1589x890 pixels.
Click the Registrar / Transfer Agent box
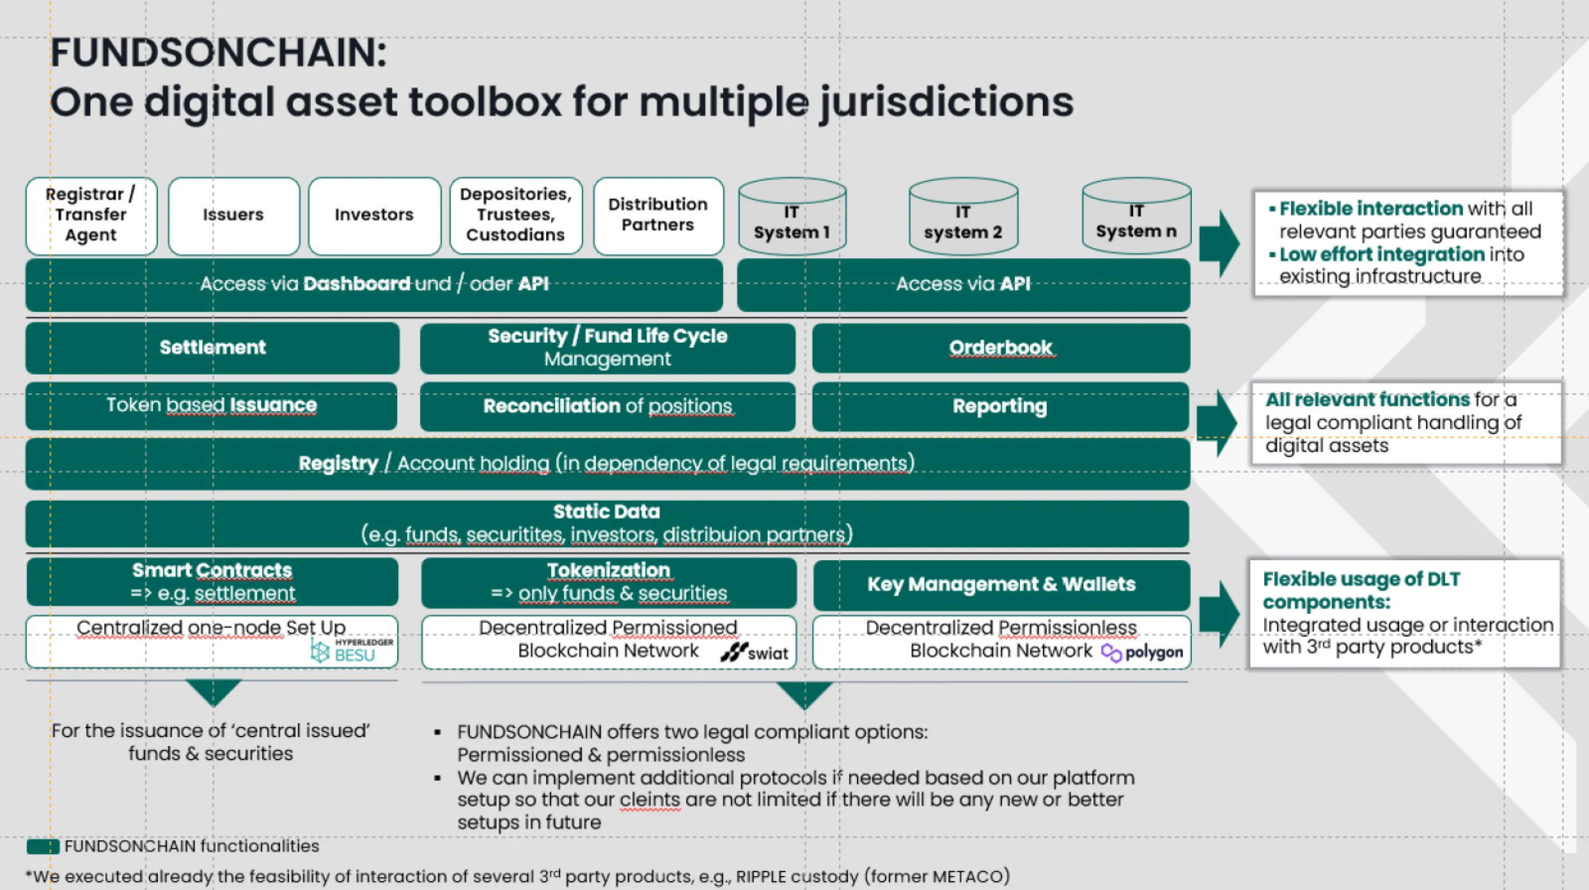[x=91, y=216]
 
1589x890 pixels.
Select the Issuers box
[x=234, y=216]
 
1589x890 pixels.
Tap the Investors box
[x=374, y=216]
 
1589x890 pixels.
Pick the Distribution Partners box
[x=658, y=216]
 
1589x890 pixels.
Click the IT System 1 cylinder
[x=792, y=217]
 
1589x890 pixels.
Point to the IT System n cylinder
[x=1136, y=216]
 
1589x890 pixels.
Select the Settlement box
[x=212, y=348]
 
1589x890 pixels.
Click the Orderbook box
[x=1001, y=348]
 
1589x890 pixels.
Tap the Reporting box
[x=1000, y=406]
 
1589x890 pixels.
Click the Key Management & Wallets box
[x=1001, y=584]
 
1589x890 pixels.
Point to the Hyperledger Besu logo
[x=352, y=651]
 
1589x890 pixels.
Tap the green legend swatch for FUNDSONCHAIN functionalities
[x=43, y=846]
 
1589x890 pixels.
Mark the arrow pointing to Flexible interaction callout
[x=1219, y=243]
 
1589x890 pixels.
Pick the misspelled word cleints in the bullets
[x=650, y=799]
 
